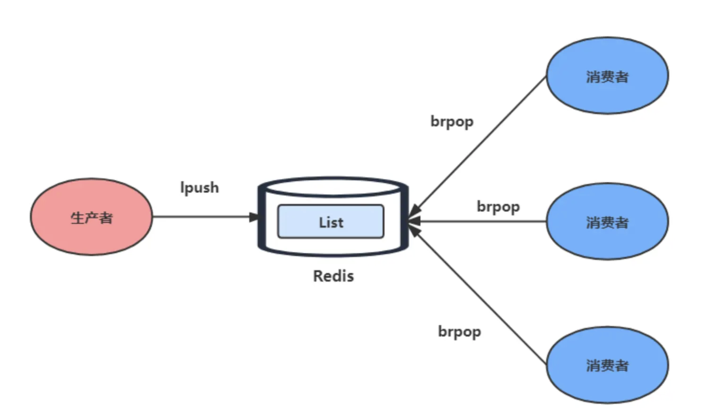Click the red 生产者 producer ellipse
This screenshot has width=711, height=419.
[x=91, y=216]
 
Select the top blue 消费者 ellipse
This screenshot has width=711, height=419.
[x=607, y=75]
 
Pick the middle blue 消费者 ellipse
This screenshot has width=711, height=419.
[x=607, y=221]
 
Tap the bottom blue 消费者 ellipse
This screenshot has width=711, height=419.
[x=607, y=365]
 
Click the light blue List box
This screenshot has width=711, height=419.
[x=331, y=221]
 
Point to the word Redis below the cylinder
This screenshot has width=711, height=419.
[x=333, y=276]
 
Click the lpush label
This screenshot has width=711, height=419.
[x=200, y=188]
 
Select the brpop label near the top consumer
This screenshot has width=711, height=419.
[x=452, y=122]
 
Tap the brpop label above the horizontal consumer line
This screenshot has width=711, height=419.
[x=498, y=207]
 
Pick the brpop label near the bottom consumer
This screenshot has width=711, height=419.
[x=460, y=332]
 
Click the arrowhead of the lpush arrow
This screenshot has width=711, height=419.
[x=254, y=217]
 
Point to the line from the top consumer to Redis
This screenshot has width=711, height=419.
[x=478, y=146]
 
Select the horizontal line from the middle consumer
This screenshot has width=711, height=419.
[x=477, y=221]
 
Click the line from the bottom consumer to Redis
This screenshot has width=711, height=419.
[x=478, y=294]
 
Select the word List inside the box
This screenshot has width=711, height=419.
[x=331, y=222]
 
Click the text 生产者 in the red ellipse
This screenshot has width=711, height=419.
[x=91, y=218]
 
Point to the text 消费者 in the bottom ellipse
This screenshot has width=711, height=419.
[x=607, y=365]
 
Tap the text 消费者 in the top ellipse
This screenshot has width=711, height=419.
[x=607, y=77]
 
